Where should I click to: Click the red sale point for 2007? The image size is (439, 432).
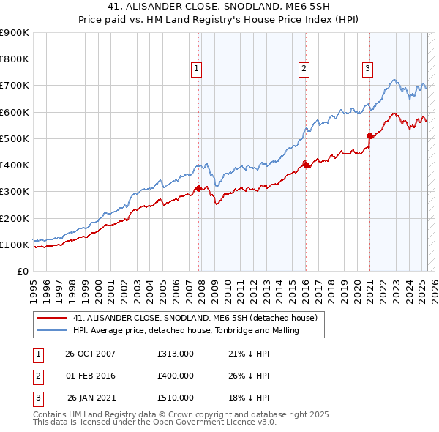tap(198, 189)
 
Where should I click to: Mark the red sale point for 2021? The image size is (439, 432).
tap(370, 136)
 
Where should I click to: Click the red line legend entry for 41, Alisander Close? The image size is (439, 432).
tap(195, 319)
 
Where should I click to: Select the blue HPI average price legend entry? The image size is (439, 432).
tap(187, 331)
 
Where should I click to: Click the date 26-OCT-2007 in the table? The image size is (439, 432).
tap(90, 354)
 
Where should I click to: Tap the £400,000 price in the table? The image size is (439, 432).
tap(175, 376)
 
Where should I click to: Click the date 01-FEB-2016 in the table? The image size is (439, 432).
tap(90, 376)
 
